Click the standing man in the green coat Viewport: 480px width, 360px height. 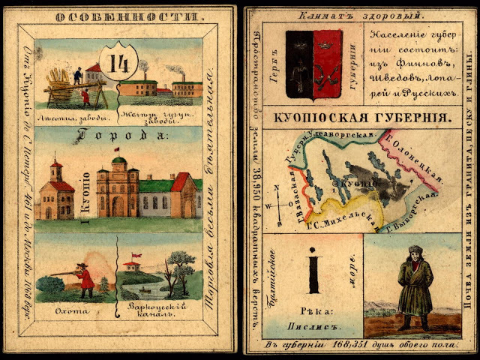412,288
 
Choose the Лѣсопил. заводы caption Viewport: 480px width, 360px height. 74,118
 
